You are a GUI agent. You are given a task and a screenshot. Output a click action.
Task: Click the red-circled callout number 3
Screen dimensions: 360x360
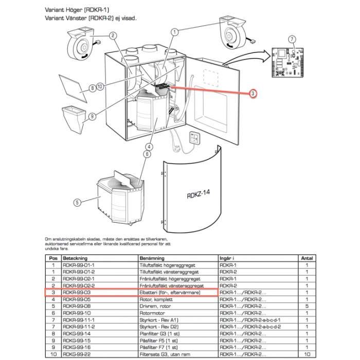pyautogui.click(x=253, y=94)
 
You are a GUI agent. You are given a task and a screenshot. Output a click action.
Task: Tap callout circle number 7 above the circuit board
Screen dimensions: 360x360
pyautogui.click(x=292, y=40)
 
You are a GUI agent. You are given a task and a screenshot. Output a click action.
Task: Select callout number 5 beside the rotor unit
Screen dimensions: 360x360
pyautogui.click(x=77, y=203)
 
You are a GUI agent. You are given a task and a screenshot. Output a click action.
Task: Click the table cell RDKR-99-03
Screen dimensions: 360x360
pyautogui.click(x=77, y=292)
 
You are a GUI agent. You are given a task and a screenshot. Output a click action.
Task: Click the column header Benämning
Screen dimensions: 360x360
pyautogui.click(x=151, y=258)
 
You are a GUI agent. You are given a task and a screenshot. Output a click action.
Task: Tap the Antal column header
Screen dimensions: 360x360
pyautogui.click(x=306, y=258)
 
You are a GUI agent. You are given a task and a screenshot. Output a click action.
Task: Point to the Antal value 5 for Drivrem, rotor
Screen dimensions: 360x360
pyautogui.click(x=307, y=305)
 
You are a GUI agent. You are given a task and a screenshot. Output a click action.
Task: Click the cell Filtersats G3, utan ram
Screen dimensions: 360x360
pyautogui.click(x=164, y=354)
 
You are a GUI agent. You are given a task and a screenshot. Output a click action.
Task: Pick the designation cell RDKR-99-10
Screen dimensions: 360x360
pyautogui.click(x=77, y=313)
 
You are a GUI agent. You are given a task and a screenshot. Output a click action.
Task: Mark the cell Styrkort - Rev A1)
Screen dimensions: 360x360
pyautogui.click(x=159, y=319)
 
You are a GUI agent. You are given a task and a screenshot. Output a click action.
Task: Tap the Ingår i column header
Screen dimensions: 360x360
pyautogui.click(x=227, y=258)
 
